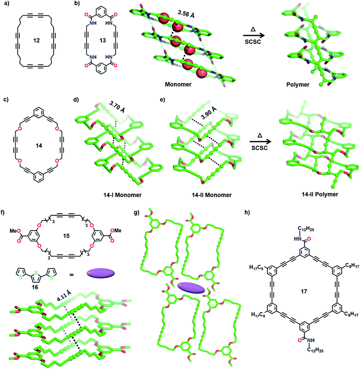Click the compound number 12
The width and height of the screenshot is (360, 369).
click(x=36, y=40)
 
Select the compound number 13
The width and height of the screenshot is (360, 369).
click(x=102, y=40)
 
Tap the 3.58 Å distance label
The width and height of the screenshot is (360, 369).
click(x=186, y=14)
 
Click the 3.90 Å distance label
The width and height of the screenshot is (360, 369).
click(x=208, y=112)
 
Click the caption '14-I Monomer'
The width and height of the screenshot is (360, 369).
click(x=122, y=195)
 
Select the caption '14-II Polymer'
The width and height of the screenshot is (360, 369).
click(x=320, y=194)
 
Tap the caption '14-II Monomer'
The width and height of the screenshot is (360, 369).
click(x=212, y=195)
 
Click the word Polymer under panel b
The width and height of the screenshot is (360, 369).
click(x=298, y=84)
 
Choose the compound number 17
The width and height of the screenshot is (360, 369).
click(x=304, y=292)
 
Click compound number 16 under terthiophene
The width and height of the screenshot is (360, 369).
click(x=35, y=287)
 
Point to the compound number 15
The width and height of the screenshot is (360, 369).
click(x=66, y=236)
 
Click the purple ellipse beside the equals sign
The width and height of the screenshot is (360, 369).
click(x=101, y=273)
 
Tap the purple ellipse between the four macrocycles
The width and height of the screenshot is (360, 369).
click(x=191, y=288)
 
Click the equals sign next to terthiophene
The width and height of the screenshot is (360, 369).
click(x=71, y=274)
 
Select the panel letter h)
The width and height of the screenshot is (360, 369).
click(x=247, y=212)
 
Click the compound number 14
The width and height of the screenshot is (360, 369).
click(x=39, y=146)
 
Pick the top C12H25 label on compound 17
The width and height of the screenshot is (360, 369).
click(x=306, y=229)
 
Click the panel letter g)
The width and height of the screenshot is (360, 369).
click(x=137, y=212)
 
